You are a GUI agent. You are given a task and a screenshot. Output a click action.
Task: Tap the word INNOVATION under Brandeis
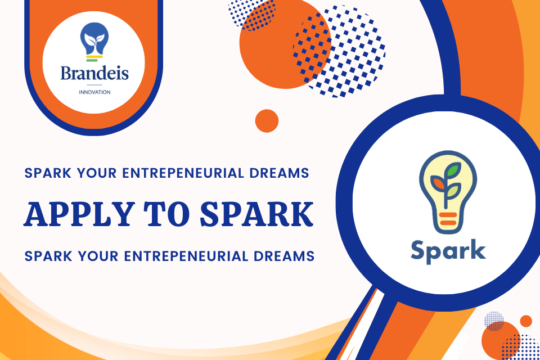94,92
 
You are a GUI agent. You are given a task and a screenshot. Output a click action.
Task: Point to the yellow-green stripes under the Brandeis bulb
94,57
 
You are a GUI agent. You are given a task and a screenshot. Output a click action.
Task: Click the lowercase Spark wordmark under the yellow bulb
448,250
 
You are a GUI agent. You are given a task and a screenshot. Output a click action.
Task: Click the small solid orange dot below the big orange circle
267,120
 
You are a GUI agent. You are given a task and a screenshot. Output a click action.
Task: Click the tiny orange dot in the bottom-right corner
526,321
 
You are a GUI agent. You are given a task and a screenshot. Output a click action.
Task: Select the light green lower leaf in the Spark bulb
453,192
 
